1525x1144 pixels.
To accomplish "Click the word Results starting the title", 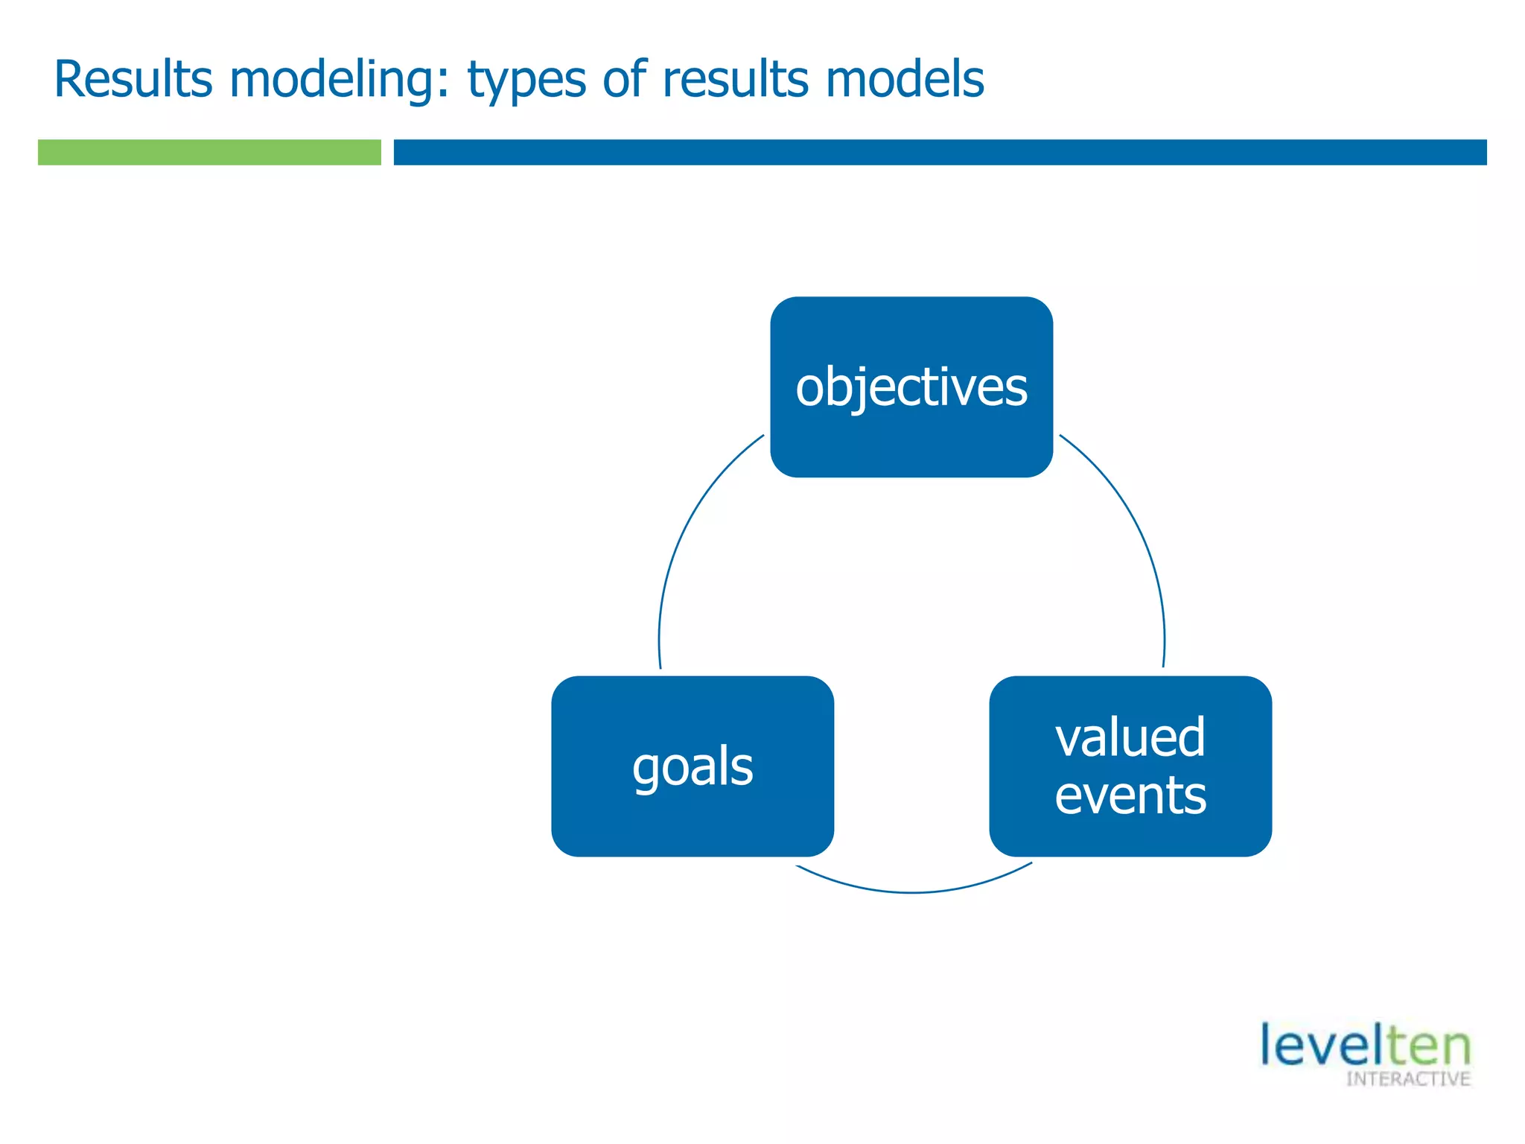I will click(133, 79).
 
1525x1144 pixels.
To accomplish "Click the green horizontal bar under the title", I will click(209, 152).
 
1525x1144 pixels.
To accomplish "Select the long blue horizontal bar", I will click(940, 152).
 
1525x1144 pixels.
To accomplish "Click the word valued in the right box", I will click(1130, 737).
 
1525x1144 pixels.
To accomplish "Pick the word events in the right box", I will click(1130, 795).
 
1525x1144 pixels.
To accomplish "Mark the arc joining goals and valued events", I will click(913, 892).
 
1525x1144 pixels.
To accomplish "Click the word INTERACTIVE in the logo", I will click(1407, 1079).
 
